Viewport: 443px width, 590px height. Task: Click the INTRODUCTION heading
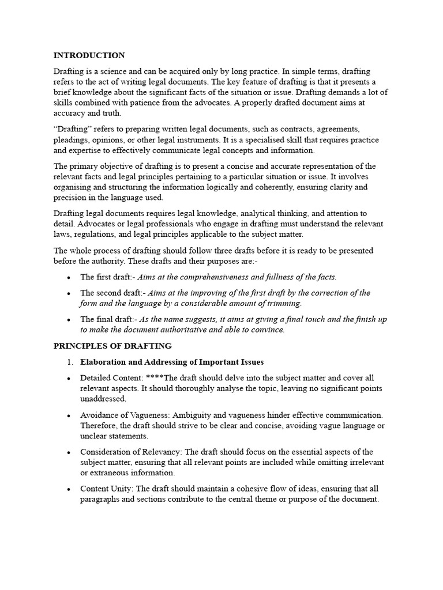pyautogui.click(x=89, y=55)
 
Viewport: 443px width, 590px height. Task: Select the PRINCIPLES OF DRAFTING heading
pyautogui.click(x=112, y=346)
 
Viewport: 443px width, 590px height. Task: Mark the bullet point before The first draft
pyautogui.click(x=69, y=277)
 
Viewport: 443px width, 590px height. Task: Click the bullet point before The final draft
pyautogui.click(x=69, y=320)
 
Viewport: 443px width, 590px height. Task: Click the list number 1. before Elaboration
pyautogui.click(x=70, y=362)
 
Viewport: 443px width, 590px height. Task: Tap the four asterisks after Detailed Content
pyautogui.click(x=155, y=378)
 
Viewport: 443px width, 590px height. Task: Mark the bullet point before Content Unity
pyautogui.click(x=69, y=489)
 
